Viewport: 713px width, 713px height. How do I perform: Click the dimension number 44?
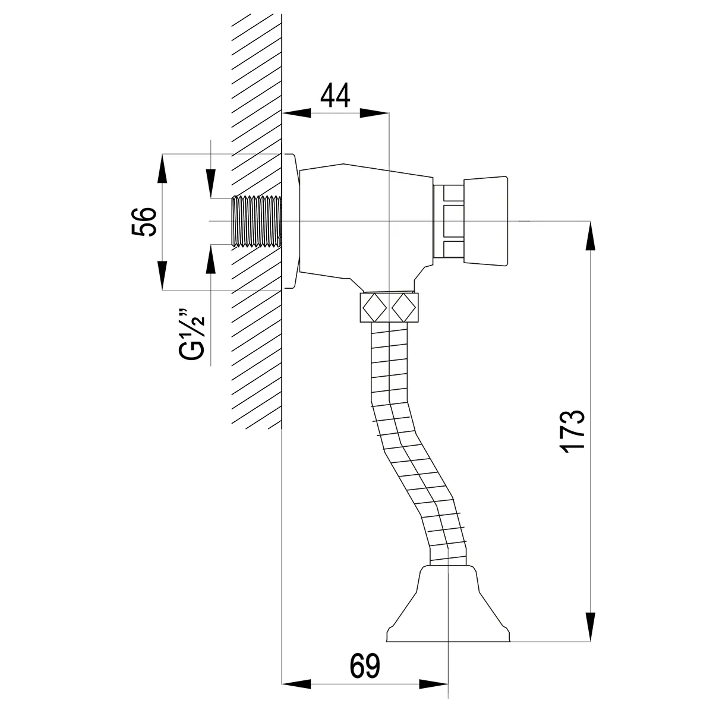(x=335, y=95)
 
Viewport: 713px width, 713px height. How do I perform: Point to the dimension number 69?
(x=365, y=635)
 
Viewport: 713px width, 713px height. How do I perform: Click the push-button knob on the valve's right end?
(x=486, y=221)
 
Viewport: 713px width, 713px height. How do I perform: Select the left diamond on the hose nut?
(x=375, y=307)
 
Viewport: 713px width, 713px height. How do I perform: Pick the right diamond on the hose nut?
(x=403, y=307)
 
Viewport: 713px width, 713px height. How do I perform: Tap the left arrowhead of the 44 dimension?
(x=296, y=113)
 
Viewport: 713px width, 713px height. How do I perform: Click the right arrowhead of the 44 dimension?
(x=374, y=113)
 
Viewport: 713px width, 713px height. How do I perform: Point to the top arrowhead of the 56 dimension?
(x=162, y=169)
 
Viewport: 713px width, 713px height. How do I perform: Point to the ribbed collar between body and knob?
(x=449, y=221)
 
